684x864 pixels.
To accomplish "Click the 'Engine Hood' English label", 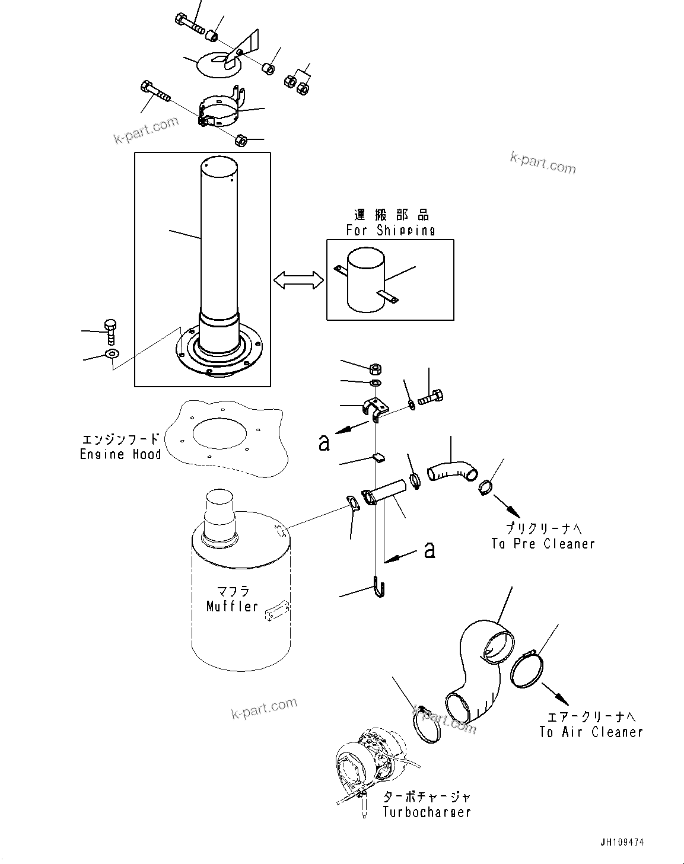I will pos(120,455).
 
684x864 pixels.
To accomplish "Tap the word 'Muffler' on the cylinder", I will pos(232,606).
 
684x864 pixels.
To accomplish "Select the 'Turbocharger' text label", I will pos(427,812).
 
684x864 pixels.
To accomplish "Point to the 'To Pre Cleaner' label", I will pos(542,544).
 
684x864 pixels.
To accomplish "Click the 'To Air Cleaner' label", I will pos(591,732).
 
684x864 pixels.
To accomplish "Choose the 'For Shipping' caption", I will pos(390,230).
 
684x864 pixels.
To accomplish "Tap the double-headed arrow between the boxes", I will pos(298,280).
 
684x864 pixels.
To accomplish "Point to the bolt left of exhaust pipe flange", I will pos(110,332).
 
